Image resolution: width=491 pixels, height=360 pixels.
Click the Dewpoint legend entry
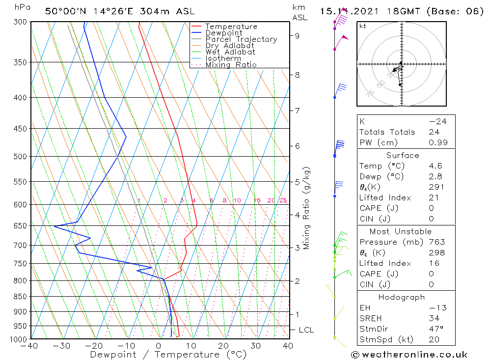pyautogui.click(x=223, y=33)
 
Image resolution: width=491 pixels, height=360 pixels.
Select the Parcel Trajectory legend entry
pyautogui.click(x=241, y=39)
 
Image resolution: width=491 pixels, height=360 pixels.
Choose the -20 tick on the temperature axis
pyautogui.click(x=94, y=346)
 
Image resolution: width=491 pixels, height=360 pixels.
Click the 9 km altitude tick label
pyautogui.click(x=298, y=35)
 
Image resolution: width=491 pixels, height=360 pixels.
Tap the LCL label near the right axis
pyautogui.click(x=306, y=330)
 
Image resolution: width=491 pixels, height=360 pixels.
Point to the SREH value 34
pyautogui.click(x=434, y=318)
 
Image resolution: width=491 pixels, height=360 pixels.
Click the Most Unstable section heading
pyautogui.click(x=401, y=231)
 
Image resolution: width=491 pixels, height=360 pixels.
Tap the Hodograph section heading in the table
pyautogui.click(x=402, y=297)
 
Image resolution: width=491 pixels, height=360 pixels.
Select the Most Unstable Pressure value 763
pyautogui.click(x=436, y=242)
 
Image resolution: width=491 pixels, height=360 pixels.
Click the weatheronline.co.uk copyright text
pyautogui.click(x=409, y=355)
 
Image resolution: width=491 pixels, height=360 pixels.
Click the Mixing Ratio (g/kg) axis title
pyautogui.click(x=307, y=208)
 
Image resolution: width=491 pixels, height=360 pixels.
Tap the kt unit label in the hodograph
pyautogui.click(x=362, y=26)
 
